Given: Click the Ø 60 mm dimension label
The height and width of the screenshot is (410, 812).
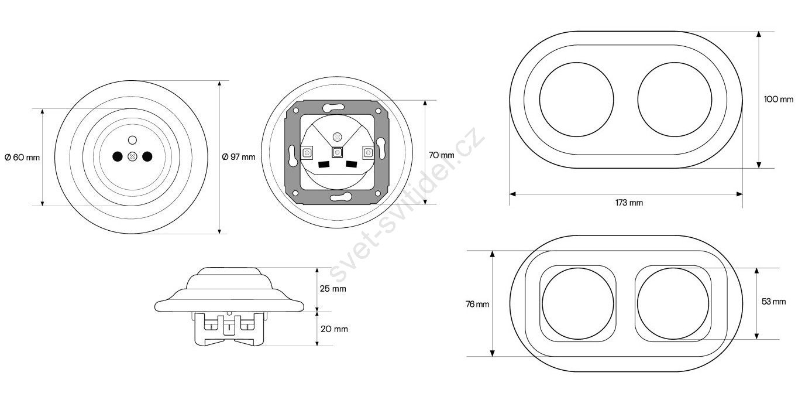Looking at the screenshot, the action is pos(22,158).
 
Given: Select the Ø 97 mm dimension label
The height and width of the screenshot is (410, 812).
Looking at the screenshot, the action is pos(239,157).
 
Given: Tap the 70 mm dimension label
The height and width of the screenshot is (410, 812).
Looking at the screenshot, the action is pos(442,155).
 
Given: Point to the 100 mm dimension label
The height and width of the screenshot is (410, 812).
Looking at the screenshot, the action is pos(778,99).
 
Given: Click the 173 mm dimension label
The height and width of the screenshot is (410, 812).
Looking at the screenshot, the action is pos(629,203).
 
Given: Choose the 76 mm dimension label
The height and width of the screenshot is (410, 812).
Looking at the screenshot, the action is pos(477,304).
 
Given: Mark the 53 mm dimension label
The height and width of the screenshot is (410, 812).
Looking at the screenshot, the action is pos(773,302).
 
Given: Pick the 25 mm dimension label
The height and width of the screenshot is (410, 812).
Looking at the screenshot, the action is pos(333,289).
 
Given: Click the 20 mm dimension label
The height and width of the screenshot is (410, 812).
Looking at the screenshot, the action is pos(334,329).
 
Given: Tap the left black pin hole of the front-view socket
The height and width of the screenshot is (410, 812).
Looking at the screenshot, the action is pos(118,157).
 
